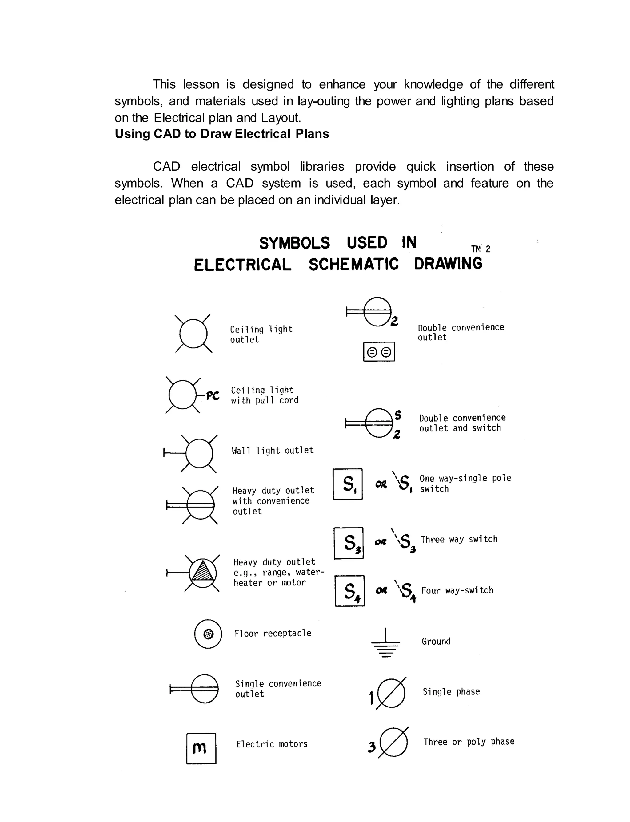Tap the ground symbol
tap(385, 643)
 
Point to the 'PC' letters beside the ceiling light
tap(213, 396)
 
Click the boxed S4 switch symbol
tap(349, 591)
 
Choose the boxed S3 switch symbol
tap(348, 543)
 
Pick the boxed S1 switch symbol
tap(348, 484)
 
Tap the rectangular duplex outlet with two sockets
tap(379, 352)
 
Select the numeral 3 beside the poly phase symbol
tap(372, 747)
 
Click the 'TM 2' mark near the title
tap(480, 249)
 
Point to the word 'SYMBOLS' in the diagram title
tap(294, 243)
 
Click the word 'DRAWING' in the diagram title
tap(448, 264)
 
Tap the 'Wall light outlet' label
tap(273, 450)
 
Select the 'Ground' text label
tap(436, 641)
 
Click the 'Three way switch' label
tap(459, 539)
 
